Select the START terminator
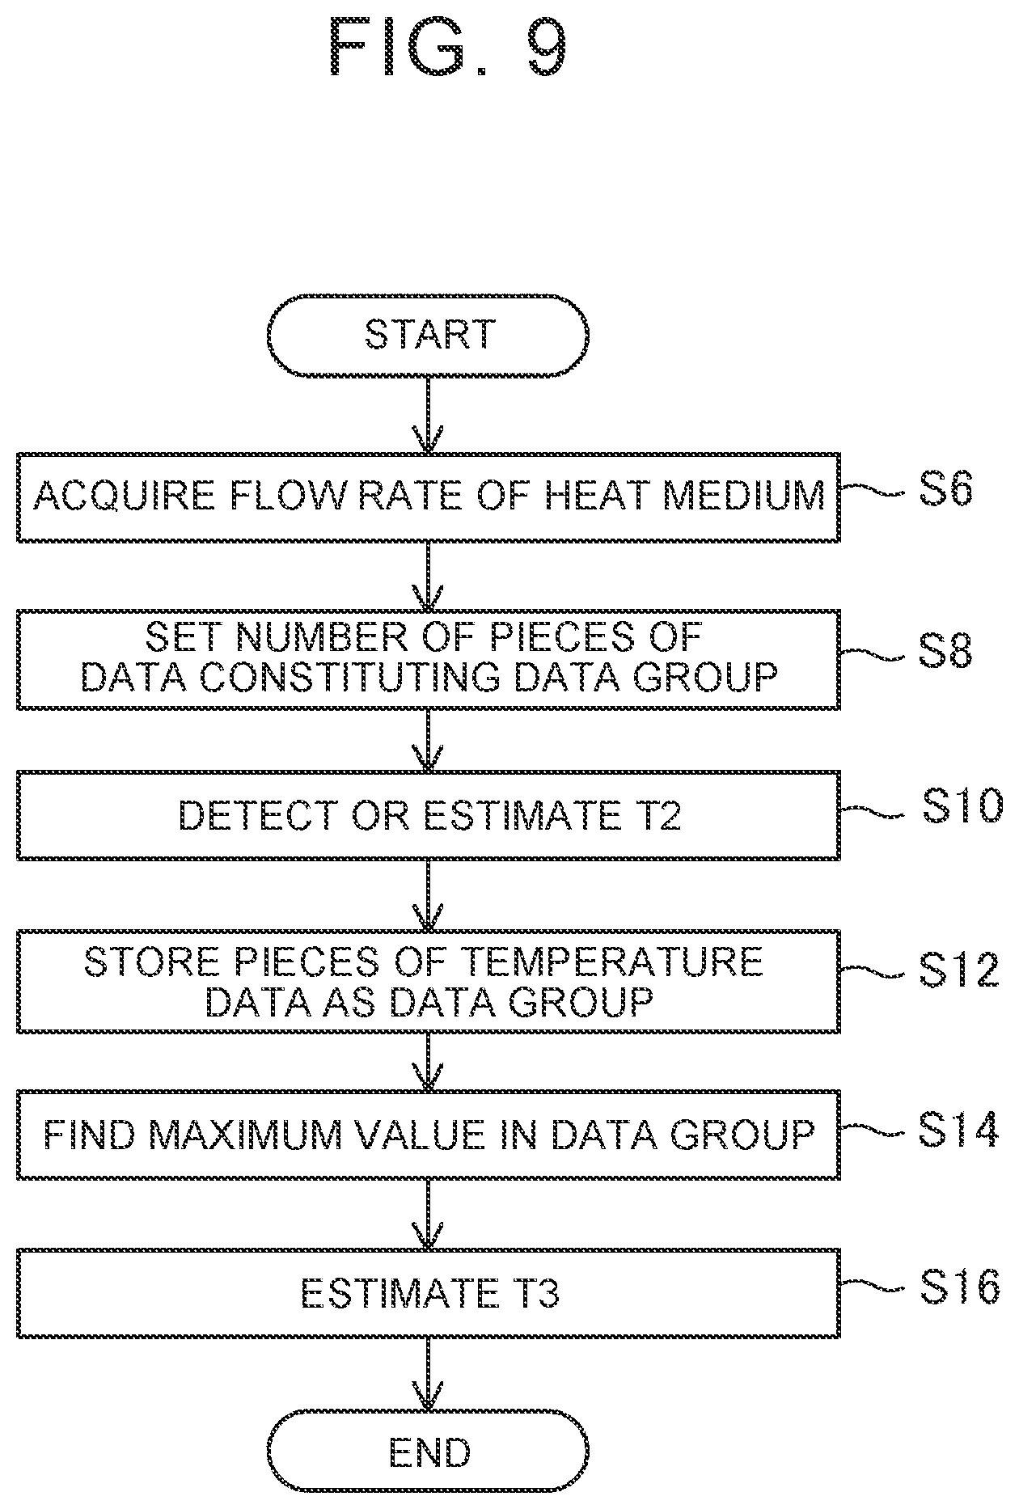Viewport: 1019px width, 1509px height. (x=428, y=335)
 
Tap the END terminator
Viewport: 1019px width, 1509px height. (x=428, y=1453)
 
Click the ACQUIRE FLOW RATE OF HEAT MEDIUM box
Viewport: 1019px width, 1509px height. (x=429, y=497)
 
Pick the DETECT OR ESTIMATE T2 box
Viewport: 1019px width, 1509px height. (x=429, y=815)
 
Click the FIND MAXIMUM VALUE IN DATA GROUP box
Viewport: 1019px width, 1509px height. (x=429, y=1135)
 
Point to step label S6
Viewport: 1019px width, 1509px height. (x=945, y=491)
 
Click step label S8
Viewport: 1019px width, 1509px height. (x=945, y=652)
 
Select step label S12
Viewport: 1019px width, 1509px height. (x=958, y=970)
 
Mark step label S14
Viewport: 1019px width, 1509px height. (x=958, y=1130)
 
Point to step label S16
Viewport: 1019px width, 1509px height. (x=959, y=1287)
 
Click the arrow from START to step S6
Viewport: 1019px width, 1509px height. (x=428, y=414)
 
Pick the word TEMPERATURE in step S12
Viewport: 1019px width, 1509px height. (x=611, y=962)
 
